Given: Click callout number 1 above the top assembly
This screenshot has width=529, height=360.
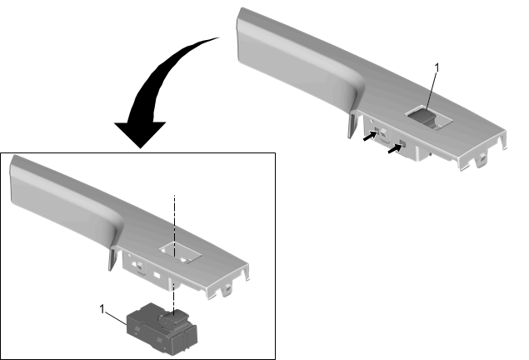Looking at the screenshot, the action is (437, 67).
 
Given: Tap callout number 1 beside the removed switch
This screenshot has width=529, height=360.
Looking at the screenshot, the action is (102, 308).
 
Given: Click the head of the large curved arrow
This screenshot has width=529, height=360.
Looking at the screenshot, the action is (140, 134).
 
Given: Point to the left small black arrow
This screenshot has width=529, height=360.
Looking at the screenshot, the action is (370, 136).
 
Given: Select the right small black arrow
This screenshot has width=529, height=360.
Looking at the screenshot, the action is (395, 149).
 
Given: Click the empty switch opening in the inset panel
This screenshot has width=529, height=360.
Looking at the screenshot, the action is (180, 252).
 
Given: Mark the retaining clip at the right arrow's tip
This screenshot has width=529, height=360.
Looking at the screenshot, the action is (402, 144).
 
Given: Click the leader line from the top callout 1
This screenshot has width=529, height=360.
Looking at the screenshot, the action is (432, 91).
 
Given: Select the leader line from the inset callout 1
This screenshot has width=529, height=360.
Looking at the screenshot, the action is (117, 319).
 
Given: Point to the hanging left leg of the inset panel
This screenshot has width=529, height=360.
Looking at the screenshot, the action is (112, 259).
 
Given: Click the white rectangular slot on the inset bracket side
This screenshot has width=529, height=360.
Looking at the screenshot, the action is (157, 275).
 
